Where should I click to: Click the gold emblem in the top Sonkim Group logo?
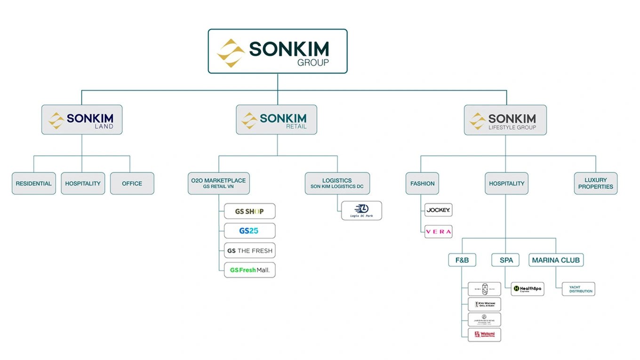point(231,53)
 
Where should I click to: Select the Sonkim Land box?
point(82,120)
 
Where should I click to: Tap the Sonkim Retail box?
point(277,120)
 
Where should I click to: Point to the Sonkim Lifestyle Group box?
point(505,120)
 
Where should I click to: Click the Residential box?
point(34,184)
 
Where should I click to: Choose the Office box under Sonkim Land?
point(132,184)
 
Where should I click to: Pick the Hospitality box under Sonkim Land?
point(83,184)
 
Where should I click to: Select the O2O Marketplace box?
point(218,184)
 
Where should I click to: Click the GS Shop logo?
point(249,211)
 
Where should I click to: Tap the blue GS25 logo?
point(249,231)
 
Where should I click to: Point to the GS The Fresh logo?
point(249,251)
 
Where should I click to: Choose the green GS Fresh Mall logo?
point(249,270)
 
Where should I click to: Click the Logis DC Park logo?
point(361,210)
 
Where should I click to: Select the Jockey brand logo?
point(438,210)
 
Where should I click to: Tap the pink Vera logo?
point(438,232)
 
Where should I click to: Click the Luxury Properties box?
point(595,184)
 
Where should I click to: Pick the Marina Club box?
point(556,260)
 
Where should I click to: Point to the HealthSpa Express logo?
point(527,289)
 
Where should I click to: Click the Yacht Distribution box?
point(578,289)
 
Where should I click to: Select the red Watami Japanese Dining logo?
point(484,335)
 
